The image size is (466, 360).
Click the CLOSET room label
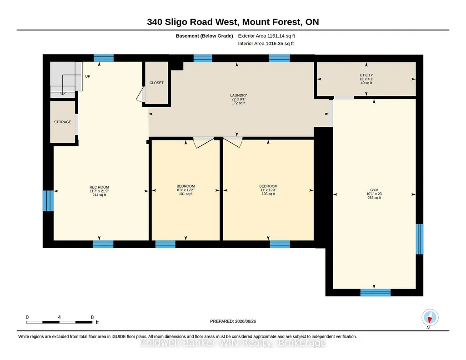[156, 83]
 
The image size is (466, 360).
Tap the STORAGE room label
[62, 122]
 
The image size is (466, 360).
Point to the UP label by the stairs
[88, 76]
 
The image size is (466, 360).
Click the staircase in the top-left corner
[66, 80]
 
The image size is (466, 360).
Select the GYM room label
[374, 190]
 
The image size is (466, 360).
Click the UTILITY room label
[366, 75]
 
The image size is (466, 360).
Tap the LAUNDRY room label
[238, 95]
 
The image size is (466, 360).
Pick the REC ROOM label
[99, 187]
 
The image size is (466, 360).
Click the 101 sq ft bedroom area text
[186, 194]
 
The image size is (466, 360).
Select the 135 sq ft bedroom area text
[268, 194]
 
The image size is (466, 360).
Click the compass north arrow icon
[430, 318]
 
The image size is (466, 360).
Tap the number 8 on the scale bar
[92, 317]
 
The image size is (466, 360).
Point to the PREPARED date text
[233, 321]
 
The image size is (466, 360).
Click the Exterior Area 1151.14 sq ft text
[266, 36]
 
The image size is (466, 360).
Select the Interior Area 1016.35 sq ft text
[266, 43]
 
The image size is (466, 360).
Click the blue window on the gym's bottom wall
[376, 293]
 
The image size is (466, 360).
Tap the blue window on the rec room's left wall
[48, 201]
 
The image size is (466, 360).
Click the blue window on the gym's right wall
[419, 239]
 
